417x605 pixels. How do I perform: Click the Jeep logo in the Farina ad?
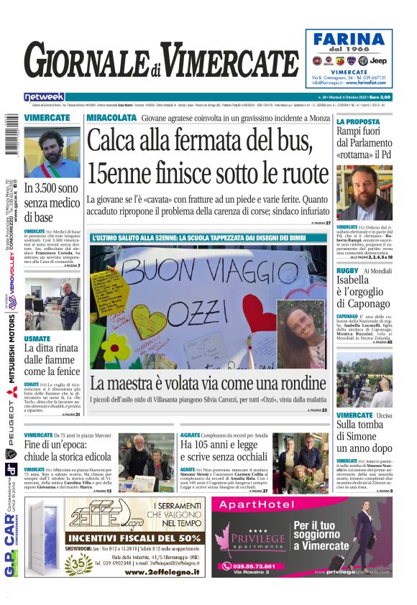click(379, 61)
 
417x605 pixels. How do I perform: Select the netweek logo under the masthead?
click(44, 96)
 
